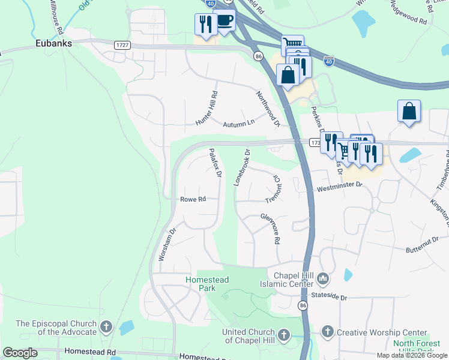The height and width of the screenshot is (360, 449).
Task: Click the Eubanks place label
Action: click(53, 43)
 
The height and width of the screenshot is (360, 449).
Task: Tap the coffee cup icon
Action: click(224, 20)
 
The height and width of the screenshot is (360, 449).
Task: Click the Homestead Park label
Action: click(207, 284)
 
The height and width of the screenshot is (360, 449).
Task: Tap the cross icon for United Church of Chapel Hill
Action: click(283, 333)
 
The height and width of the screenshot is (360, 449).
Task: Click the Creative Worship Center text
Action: click(382, 332)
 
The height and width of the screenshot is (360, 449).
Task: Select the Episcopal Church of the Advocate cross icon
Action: click(106, 327)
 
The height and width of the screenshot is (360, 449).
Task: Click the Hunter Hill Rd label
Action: click(206, 108)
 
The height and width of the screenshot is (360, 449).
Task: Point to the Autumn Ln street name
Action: click(239, 124)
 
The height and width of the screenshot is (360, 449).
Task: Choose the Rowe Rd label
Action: click(193, 199)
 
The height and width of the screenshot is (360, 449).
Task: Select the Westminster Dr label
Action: click(340, 188)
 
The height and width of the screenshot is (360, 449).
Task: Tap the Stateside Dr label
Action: click(329, 296)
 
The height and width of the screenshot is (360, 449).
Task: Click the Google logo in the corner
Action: click(20, 353)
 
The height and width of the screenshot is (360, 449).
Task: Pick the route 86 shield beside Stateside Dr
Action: click(302, 306)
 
